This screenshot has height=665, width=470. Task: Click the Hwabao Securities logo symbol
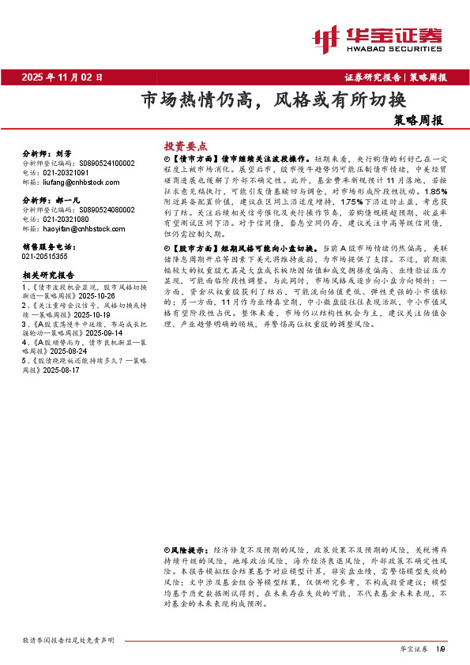325,36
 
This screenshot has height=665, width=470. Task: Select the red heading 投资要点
185,146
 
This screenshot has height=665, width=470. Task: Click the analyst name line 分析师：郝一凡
50,202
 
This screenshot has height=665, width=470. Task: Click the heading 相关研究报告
47,275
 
